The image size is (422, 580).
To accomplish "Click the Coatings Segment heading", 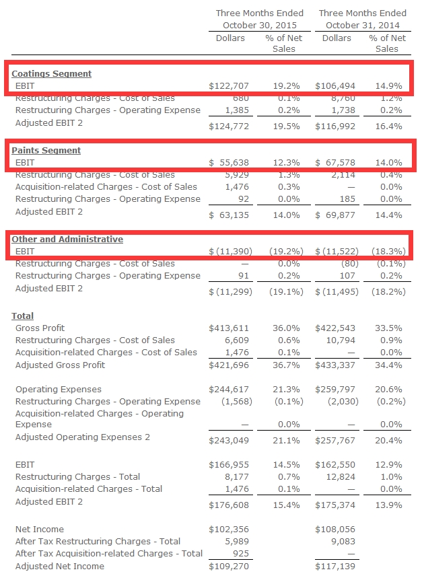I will pos(52,73).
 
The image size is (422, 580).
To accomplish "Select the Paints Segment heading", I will pos(46,150).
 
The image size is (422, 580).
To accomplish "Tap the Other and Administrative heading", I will pos(67,239).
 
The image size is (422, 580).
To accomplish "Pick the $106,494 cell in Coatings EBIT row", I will pos(335,86).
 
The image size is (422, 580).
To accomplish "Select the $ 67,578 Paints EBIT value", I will pos(335,163).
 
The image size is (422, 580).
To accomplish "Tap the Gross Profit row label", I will pos(40,328).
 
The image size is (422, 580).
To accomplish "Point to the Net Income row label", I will pos(40,529).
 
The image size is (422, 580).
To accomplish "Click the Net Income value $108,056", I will pos(335,530).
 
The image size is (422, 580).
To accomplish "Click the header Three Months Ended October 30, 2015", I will pos(259,19).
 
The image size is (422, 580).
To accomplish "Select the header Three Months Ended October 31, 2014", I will pos(362,19).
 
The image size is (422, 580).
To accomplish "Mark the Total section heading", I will pos(23,316).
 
